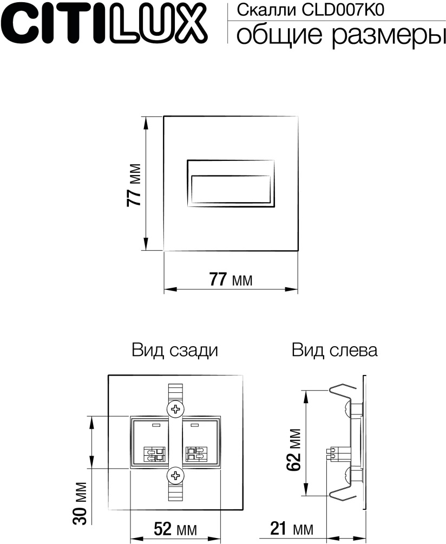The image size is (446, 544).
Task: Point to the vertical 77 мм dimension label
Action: click(134, 184)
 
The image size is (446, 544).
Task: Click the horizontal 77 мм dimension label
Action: click(231, 280)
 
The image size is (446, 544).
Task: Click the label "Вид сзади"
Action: click(174, 351)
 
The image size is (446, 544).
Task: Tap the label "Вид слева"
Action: click(334, 351)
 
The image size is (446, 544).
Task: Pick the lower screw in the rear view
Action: click(175, 476)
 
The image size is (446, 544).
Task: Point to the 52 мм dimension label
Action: click(175, 528)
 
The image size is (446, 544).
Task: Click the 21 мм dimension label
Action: click(292, 528)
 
